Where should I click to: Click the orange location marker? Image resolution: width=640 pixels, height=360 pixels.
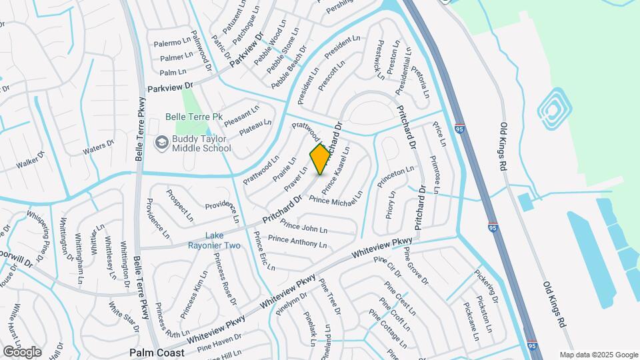(321, 159)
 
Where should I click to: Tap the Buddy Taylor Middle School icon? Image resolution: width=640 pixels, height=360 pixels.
(161, 142)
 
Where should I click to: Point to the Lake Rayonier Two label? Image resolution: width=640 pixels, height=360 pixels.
(223, 241)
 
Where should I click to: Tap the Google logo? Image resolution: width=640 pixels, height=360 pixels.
(22, 351)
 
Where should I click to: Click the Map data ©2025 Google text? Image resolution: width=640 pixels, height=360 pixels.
(599, 355)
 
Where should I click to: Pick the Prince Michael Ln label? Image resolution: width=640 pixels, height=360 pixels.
(336, 198)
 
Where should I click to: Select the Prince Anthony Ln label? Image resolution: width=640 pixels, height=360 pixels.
(297, 241)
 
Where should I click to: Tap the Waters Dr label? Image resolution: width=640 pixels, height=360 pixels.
(99, 147)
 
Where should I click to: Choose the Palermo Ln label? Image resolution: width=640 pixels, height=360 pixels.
(172, 43)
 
